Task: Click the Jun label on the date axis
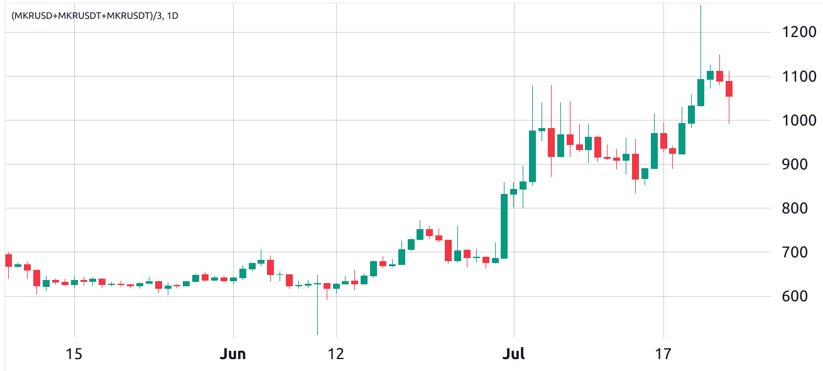(x=233, y=354)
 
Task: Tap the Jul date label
(x=514, y=354)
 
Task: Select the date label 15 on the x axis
(x=74, y=354)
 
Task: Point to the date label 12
(x=336, y=354)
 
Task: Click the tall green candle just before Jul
(x=504, y=226)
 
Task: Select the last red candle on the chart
(x=729, y=89)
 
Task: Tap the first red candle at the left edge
(x=8, y=260)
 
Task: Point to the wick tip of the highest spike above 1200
(x=700, y=6)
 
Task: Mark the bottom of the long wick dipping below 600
(x=317, y=334)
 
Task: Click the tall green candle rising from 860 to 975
(x=532, y=156)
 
